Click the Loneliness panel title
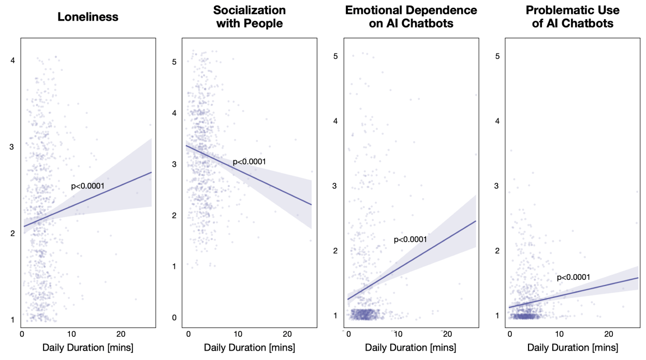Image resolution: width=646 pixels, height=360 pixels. click(x=88, y=17)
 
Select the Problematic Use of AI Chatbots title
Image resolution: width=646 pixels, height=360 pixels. click(x=572, y=17)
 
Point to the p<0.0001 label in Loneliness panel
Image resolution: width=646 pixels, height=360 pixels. click(x=87, y=186)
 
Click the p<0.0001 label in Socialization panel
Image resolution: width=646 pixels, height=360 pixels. click(x=249, y=162)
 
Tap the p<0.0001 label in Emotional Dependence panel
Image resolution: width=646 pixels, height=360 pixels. click(x=410, y=239)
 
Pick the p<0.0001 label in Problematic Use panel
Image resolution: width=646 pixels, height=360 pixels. click(x=573, y=278)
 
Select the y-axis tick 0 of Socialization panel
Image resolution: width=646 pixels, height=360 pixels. click(x=174, y=317)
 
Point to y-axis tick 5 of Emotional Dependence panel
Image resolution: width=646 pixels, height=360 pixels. click(x=335, y=56)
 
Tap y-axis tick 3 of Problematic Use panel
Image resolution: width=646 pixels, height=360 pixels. click(x=497, y=186)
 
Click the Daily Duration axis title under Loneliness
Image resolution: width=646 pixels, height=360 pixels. click(x=88, y=348)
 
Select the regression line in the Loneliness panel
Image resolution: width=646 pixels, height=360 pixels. click(x=88, y=200)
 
